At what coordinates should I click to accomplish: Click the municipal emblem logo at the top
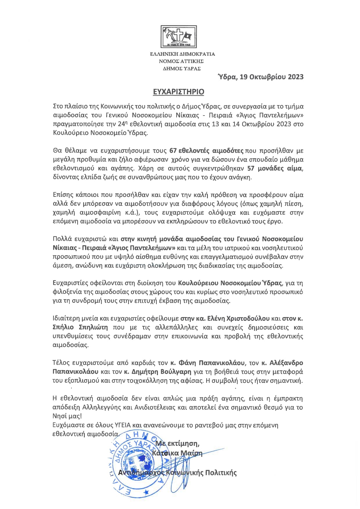click(x=179, y=37)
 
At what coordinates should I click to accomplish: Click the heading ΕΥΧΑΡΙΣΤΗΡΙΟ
click(x=179, y=92)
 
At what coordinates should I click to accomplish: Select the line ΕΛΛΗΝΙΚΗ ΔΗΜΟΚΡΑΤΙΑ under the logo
click(x=182, y=54)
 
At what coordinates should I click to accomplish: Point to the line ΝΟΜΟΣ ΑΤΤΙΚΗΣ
click(x=181, y=61)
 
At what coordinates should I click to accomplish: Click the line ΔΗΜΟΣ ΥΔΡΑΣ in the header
click(x=182, y=69)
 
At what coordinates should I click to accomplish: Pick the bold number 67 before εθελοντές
click(x=173, y=151)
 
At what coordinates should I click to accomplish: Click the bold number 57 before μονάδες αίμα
click(x=251, y=168)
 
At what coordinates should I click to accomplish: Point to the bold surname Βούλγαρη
click(x=176, y=372)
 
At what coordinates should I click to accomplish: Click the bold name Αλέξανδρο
click(x=286, y=363)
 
